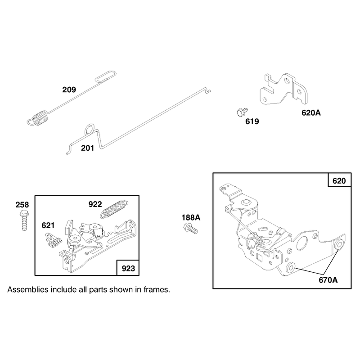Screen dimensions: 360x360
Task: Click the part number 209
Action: coord(69,90)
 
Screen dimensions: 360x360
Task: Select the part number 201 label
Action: coord(87,148)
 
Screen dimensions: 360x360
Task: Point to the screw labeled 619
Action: coord(242,112)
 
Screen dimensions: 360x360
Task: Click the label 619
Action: coord(252,121)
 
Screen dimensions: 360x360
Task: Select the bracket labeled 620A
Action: coord(284,89)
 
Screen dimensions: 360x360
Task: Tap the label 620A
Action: coord(311,113)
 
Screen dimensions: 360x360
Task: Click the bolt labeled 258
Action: coord(24,220)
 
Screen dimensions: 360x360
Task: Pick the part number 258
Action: coord(22,205)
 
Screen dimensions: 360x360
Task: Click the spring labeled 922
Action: coord(114,209)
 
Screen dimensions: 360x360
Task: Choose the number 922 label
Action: coord(95,204)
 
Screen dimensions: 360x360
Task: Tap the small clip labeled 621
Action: coord(53,240)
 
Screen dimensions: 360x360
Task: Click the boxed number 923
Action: coord(128,268)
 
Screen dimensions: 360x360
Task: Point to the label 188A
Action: coord(191,217)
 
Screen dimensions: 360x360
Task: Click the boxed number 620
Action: coord(339,181)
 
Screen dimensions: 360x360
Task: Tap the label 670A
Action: coord(328,280)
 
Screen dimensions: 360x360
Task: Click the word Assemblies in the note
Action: coord(27,290)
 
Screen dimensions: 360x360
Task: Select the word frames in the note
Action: coord(157,290)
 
